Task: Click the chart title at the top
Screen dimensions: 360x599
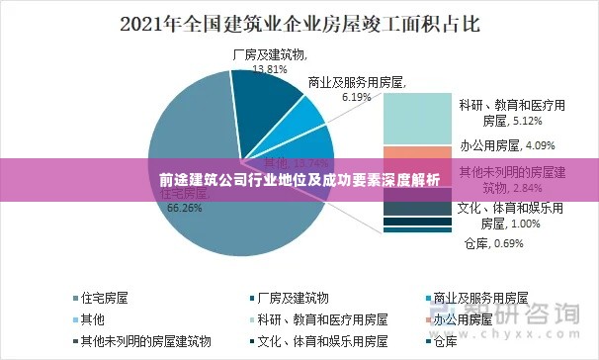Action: pos(299,22)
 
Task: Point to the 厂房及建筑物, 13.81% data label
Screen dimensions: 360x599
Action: pos(269,62)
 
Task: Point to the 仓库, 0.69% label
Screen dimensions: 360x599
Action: pos(492,242)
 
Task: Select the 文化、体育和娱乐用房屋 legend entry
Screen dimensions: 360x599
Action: pos(317,341)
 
